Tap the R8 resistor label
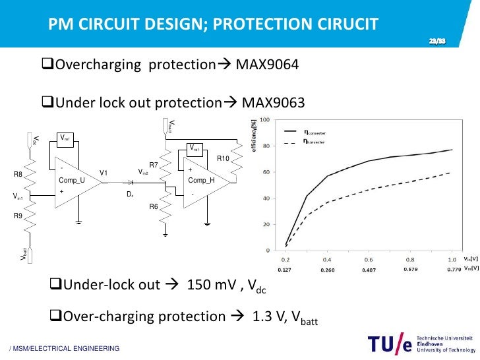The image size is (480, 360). pos(18,175)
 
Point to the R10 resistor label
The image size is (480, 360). pos(222,159)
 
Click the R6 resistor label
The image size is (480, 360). pos(153,206)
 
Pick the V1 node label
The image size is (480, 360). pos(104,173)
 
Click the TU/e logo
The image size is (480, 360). pos(389,345)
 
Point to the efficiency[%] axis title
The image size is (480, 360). pos(253,136)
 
